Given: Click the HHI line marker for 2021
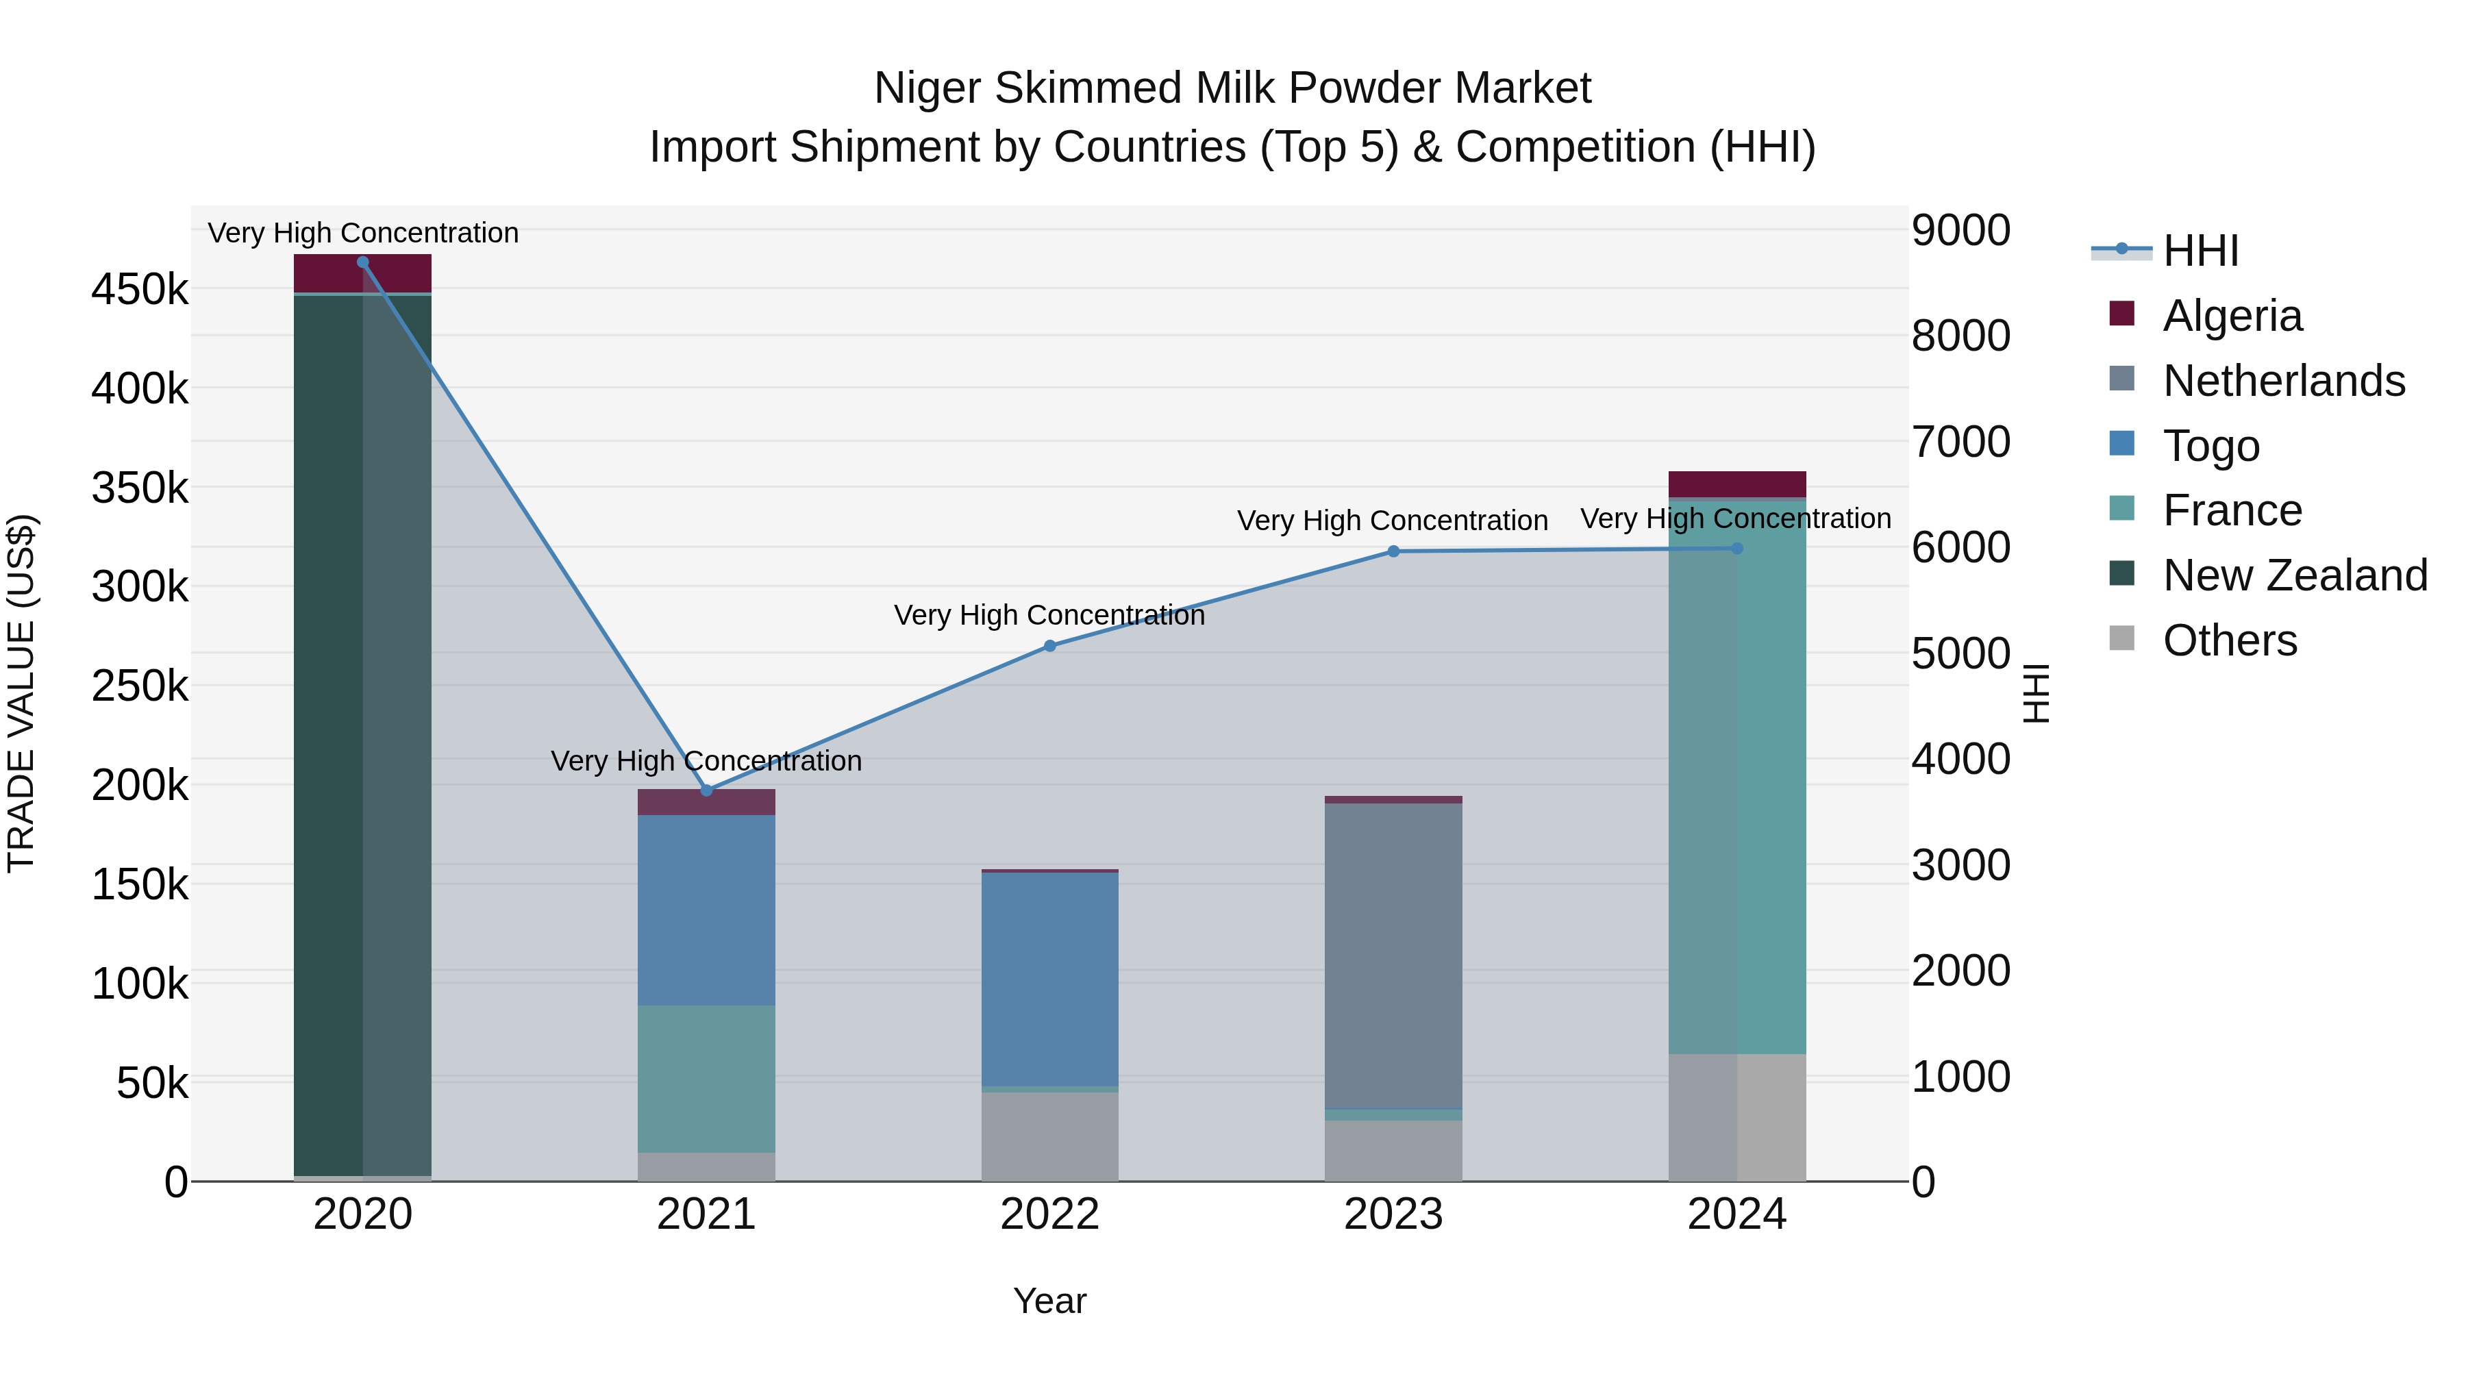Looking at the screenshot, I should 706,790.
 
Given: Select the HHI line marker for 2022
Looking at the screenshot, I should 1049,646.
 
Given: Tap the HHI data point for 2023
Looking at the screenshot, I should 1393,551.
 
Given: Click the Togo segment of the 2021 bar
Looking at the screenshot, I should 706,910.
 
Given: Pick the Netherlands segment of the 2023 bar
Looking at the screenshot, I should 1393,955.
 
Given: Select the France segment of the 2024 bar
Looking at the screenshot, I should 1736,775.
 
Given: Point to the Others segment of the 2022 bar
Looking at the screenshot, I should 1049,1136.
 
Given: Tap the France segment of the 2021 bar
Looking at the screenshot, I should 706,1079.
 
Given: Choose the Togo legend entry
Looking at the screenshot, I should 2210,446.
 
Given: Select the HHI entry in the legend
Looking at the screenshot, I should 2200,251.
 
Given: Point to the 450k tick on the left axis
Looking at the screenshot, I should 140,289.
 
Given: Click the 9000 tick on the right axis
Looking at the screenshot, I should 1960,231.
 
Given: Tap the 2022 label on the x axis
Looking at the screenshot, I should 1049,1214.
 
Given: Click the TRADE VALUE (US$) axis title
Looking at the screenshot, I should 21,693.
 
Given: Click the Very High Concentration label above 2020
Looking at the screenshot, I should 363,233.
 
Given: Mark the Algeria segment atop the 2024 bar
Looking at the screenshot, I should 1736,484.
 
